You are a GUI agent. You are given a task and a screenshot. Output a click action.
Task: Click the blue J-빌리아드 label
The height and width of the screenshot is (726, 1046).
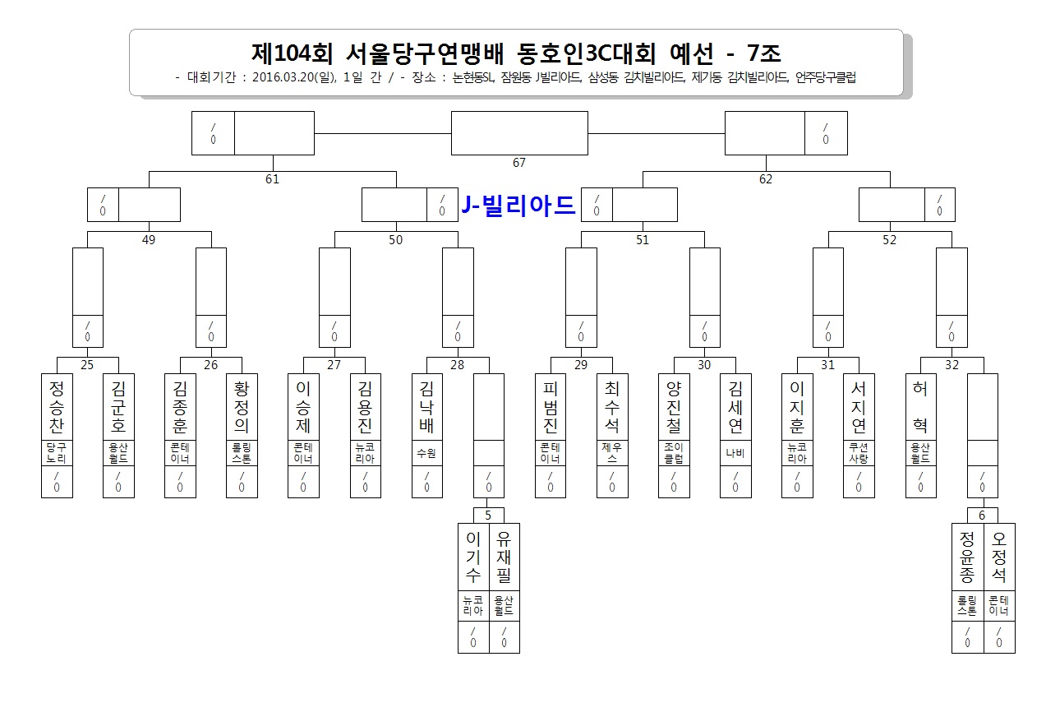pos(518,205)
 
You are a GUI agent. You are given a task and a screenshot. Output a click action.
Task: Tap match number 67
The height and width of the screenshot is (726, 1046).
pos(518,163)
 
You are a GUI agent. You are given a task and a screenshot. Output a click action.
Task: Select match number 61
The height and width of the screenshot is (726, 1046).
pos(272,179)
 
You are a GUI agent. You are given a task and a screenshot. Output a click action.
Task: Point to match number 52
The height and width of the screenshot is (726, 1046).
pos(889,239)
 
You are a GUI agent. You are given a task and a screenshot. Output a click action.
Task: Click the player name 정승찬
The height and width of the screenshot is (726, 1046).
pos(57,407)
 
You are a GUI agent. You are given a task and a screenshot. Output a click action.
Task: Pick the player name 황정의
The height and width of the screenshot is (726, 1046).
pos(242,407)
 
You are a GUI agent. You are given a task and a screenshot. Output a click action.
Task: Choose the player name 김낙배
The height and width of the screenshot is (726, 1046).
pos(426,407)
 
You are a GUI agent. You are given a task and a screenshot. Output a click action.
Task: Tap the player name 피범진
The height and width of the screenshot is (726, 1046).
pos(550,407)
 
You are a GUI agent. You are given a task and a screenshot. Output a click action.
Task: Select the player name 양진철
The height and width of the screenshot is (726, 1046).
pos(673,407)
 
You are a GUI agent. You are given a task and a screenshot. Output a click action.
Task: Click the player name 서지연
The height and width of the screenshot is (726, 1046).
pos(859,407)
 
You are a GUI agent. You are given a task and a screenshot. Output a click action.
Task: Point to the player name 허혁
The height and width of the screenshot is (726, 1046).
pos(920,407)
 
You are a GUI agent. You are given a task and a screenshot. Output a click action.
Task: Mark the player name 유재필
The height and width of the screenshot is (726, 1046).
pos(504,557)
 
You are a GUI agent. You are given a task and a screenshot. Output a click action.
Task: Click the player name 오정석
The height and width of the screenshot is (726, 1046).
pos(998,557)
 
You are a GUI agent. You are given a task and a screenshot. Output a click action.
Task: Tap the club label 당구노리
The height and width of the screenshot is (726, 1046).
pos(57,453)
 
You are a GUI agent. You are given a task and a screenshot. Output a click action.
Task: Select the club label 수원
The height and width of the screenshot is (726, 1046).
pos(426,453)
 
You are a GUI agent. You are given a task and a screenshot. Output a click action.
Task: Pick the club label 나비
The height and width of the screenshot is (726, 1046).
pos(735,453)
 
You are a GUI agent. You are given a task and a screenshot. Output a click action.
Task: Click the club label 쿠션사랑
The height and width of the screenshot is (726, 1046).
pos(859,453)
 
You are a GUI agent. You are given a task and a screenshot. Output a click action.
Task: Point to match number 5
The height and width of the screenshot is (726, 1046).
pos(488,516)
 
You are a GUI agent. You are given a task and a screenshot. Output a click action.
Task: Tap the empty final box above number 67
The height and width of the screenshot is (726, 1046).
pos(519,133)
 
